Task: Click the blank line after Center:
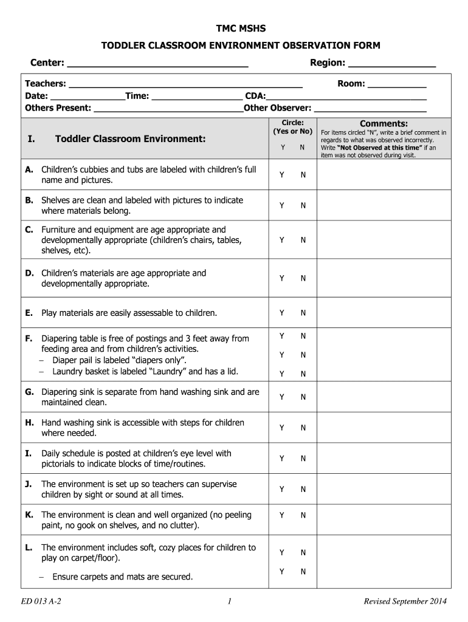157,64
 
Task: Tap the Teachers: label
46,84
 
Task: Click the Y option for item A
282,175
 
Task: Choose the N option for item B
303,206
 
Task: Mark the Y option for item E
282,313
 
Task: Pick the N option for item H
303,428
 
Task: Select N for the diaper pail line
303,355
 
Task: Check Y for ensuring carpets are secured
282,572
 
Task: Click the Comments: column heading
384,123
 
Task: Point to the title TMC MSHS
233,29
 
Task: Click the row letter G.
29,392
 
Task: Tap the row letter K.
29,514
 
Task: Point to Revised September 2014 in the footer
405,602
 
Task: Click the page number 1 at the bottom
229,602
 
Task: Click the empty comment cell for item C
384,241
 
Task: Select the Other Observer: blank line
370,109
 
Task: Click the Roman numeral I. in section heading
31,139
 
